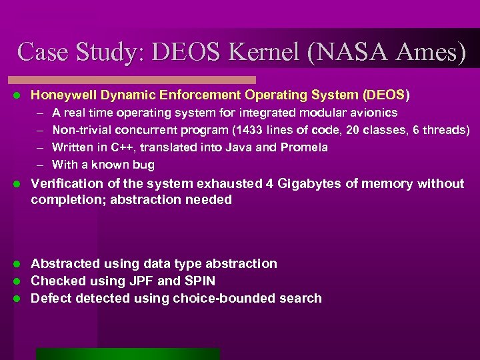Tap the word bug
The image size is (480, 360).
144,165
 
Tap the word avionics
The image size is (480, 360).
374,113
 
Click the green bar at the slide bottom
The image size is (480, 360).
127,354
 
